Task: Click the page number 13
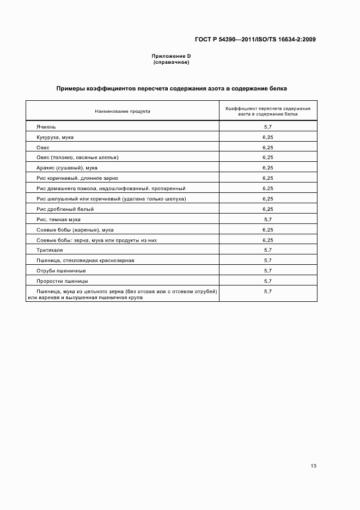313,465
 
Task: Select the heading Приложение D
171,57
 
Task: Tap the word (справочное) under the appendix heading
171,62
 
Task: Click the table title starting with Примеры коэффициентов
172,88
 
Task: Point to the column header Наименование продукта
123,111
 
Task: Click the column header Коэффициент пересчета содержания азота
267,111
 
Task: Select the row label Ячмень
46,126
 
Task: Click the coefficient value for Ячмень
267,126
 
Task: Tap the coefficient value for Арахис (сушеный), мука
267,168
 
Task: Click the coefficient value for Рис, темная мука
267,219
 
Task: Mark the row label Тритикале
50,250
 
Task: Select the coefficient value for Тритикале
267,250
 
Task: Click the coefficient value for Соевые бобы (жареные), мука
267,229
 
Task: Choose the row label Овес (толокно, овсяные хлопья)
77,157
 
